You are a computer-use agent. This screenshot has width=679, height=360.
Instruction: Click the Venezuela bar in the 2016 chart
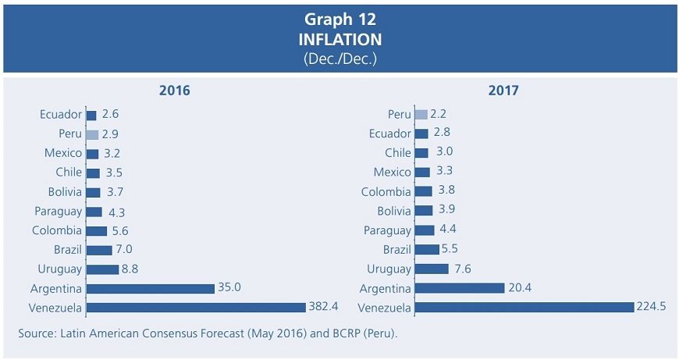[x=195, y=308]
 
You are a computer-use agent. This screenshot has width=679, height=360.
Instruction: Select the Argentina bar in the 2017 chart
[x=460, y=288]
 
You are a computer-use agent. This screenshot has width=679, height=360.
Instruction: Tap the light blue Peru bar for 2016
[x=92, y=134]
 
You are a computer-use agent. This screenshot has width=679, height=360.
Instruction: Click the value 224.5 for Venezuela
[x=652, y=307]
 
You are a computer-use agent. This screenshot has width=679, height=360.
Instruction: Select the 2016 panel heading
[x=175, y=91]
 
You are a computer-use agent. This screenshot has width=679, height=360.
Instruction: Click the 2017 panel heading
[x=503, y=91]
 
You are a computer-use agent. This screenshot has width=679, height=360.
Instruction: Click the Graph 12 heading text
[x=339, y=20]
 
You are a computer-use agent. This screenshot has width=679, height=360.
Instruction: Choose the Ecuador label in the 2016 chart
[x=61, y=115]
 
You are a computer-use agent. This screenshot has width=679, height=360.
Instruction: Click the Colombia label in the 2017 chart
[x=386, y=192]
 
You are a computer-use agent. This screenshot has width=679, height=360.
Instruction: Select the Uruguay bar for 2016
[x=101, y=269]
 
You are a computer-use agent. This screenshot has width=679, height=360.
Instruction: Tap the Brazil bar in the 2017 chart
[x=427, y=250]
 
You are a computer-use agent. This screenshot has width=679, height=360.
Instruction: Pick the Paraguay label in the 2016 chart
[x=58, y=212]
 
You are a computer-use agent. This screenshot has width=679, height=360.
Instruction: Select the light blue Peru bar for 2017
[x=421, y=115]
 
